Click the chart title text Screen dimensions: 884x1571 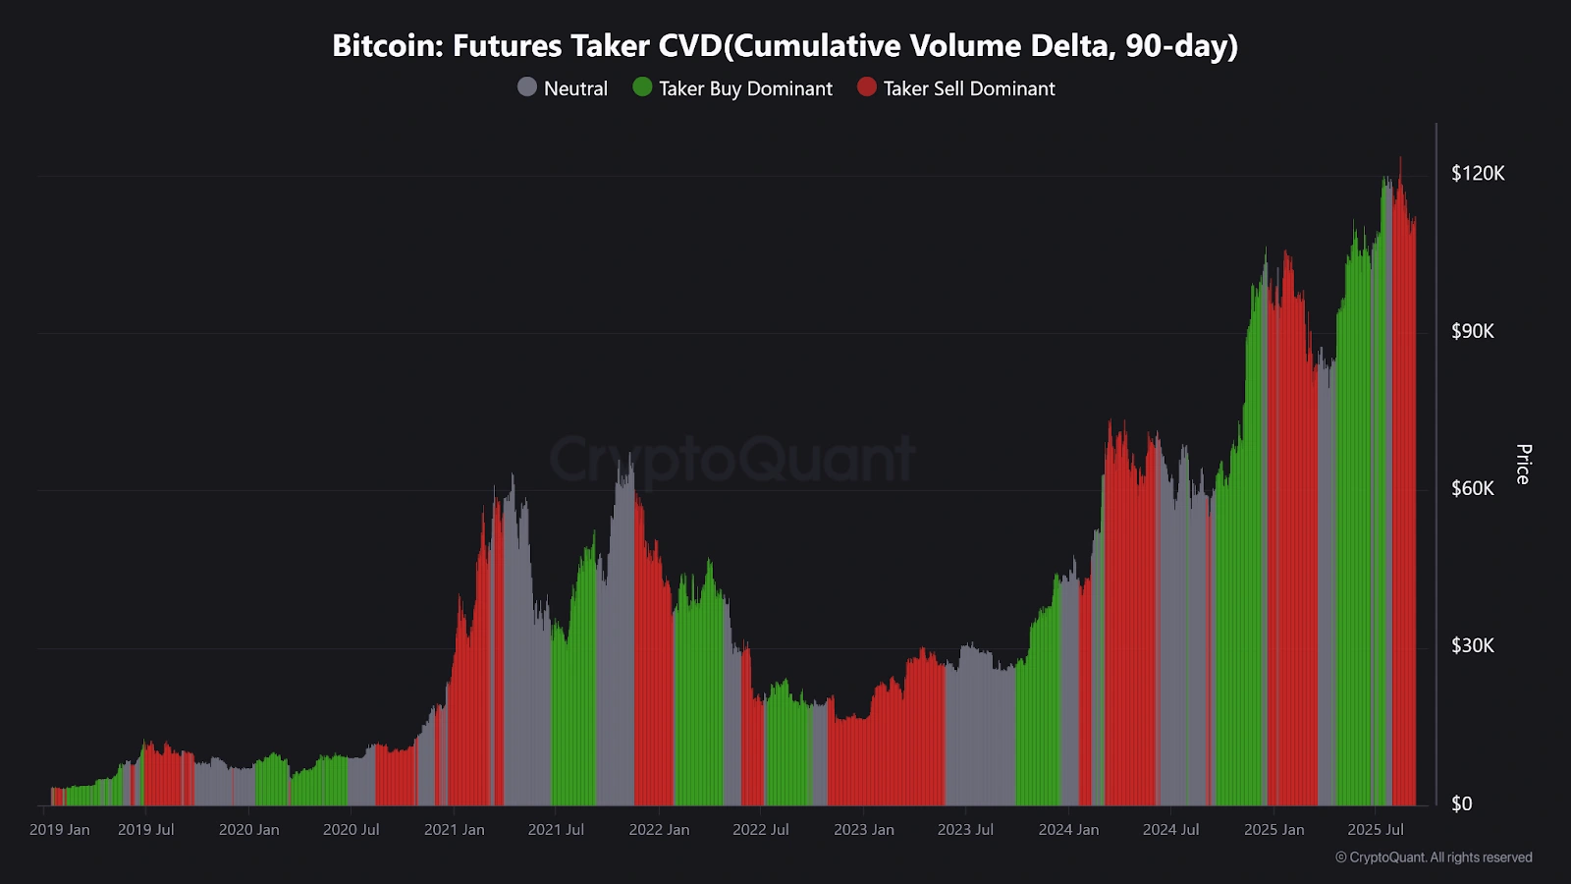point(785,46)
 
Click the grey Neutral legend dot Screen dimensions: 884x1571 point(527,87)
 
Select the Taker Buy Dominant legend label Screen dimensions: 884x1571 point(745,88)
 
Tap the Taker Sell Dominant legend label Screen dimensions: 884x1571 point(969,88)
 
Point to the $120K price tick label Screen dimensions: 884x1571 point(1478,174)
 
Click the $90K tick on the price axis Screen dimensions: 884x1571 point(1473,331)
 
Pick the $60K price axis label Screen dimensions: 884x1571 point(1473,488)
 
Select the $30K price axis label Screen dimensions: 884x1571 point(1473,645)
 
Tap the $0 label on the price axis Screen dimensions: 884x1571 point(1462,803)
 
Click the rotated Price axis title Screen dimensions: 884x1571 point(1523,464)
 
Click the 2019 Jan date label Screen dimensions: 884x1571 point(60,830)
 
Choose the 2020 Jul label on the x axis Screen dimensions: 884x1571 point(351,830)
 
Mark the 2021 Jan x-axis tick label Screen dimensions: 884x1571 point(454,830)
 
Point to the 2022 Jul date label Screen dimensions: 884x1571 point(761,830)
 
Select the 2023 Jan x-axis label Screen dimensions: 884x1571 point(864,830)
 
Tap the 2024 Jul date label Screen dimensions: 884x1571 point(1170,830)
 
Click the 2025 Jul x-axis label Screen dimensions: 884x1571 point(1376,830)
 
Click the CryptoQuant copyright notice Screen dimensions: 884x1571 point(1434,857)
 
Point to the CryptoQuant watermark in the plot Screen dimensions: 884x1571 point(731,459)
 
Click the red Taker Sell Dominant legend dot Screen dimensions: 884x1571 point(866,87)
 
